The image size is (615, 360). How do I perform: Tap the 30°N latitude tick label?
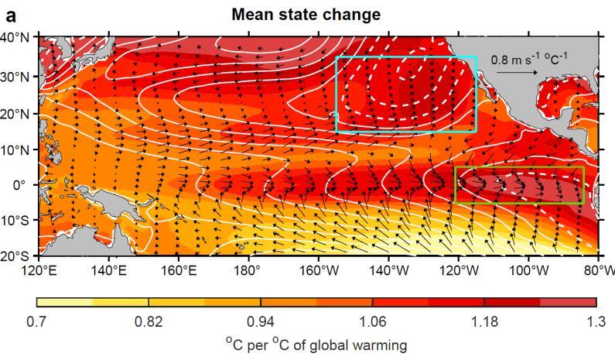[x=17, y=77]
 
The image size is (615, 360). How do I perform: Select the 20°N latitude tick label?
[x=17, y=113]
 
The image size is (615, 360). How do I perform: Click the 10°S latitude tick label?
[x=17, y=221]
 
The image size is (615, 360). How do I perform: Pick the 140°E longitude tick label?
[x=108, y=270]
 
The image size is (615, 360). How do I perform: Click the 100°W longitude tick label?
[x=529, y=270]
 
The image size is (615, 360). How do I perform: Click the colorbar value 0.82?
[x=149, y=321]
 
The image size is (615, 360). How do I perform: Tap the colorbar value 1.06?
[x=372, y=321]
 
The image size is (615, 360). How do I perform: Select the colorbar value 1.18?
[x=484, y=321]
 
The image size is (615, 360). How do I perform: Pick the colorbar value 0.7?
[x=37, y=321]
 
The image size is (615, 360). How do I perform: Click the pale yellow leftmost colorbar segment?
[x=64, y=302]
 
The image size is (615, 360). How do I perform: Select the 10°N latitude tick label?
[x=17, y=149]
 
